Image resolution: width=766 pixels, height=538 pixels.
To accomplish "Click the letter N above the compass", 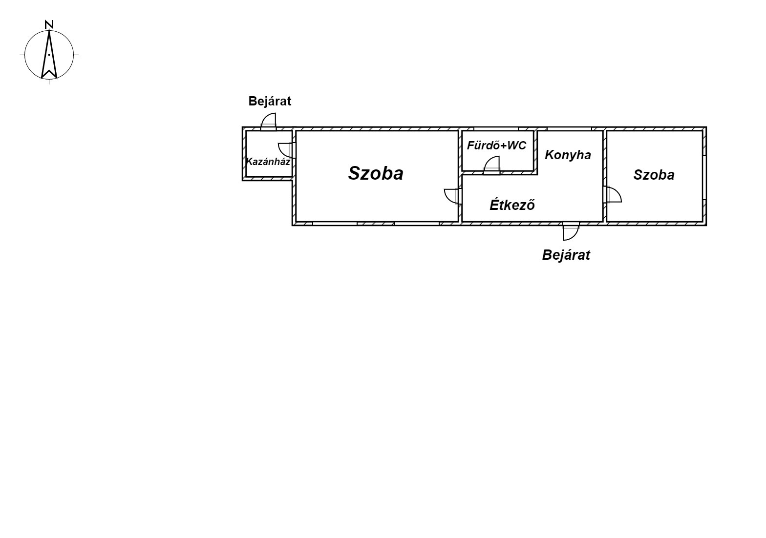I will coord(49,24).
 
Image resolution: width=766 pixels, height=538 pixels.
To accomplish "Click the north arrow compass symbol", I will coord(49,55).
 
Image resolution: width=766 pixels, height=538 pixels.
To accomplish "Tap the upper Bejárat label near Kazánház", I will coord(270,101).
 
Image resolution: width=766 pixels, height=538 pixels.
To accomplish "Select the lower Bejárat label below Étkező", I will coord(566,255).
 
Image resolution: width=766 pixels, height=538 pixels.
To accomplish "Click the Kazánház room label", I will coord(268,161).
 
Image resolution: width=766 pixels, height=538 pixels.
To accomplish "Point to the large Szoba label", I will coord(376,173).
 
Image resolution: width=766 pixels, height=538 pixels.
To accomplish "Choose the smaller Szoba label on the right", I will coord(654,175).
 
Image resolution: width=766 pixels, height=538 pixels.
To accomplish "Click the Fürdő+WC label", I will coord(496,145).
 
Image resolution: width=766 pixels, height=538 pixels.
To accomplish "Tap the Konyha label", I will coord(568,155).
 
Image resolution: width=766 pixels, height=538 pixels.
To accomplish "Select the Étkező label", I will coord(512,205).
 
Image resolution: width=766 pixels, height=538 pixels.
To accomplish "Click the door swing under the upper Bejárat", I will coord(269,121).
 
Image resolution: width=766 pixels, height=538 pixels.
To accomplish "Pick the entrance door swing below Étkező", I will coord(570,232).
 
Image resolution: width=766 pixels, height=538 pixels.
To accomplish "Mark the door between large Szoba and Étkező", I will coord(452,196).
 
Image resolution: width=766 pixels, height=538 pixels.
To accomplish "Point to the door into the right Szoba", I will coord(613,194).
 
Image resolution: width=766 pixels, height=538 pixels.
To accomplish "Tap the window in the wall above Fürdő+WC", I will coord(496,129).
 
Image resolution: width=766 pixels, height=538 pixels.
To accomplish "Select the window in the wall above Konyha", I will coord(569,129).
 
